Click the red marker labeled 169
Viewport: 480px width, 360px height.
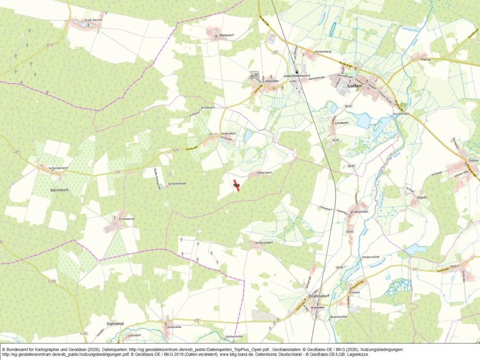pos(236,186)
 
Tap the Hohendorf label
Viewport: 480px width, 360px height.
pos(264,173)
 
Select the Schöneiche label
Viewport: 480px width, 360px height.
pos(126,219)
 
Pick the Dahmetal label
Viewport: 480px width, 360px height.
pos(115,323)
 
